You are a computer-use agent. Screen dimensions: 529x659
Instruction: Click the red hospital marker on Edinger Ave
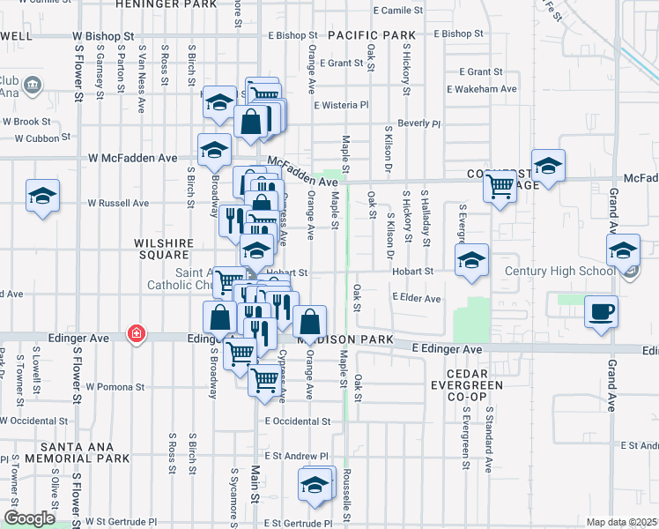click(x=136, y=334)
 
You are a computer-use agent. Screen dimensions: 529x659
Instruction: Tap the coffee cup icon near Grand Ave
click(x=601, y=312)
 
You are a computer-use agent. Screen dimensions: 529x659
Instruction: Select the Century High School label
click(x=559, y=271)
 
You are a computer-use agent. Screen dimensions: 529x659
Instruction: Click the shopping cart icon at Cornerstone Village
click(x=500, y=187)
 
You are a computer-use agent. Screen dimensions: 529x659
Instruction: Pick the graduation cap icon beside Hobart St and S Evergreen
click(x=471, y=259)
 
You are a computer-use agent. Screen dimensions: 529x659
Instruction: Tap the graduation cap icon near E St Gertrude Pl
click(x=315, y=484)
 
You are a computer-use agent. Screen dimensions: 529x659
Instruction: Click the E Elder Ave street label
click(x=416, y=299)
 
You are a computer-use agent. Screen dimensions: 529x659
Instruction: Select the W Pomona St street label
click(x=115, y=387)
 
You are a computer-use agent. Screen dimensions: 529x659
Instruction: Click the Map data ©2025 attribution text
click(x=621, y=522)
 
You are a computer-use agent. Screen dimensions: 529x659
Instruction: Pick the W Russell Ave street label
click(x=117, y=203)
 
